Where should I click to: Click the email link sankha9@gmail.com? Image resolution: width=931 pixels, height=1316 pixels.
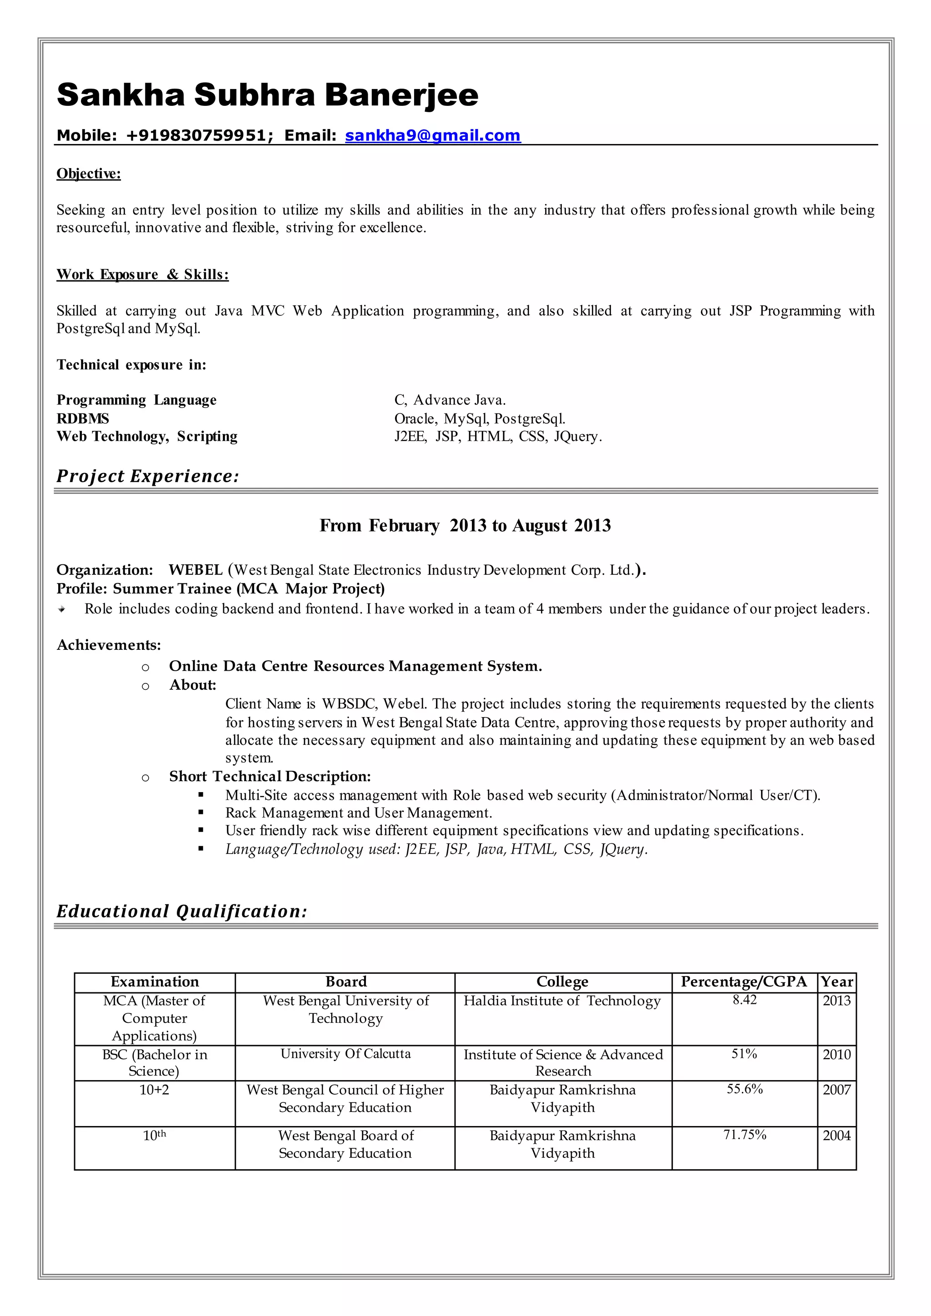pos(432,135)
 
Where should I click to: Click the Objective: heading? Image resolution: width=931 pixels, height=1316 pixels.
pos(88,174)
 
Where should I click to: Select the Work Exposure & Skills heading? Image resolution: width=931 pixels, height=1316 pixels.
pos(142,274)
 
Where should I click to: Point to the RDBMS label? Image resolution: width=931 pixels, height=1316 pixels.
pos(83,419)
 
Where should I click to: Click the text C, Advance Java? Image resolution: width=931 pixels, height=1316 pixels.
pos(450,400)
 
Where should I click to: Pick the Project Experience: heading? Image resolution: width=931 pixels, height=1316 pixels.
pos(147,476)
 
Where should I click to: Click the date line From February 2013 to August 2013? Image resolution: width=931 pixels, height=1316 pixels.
pos(465,526)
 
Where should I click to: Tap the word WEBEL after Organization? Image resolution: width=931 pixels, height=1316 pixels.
pos(195,570)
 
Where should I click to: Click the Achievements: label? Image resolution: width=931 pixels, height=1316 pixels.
pos(108,645)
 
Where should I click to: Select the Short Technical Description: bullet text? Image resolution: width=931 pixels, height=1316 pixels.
pos(270,776)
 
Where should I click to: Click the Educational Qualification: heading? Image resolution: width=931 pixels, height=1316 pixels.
pos(182,912)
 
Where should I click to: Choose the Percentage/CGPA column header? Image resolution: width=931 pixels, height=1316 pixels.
pos(744,982)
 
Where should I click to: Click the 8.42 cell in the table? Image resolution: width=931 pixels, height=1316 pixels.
pos(744,1000)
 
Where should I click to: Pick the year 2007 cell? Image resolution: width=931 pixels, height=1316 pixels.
pos(836,1090)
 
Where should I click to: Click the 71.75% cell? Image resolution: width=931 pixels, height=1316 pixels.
pos(744,1135)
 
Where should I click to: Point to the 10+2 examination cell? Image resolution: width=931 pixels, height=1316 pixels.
pos(154,1090)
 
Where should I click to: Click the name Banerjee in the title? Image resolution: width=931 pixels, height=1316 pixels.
pos(401,95)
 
